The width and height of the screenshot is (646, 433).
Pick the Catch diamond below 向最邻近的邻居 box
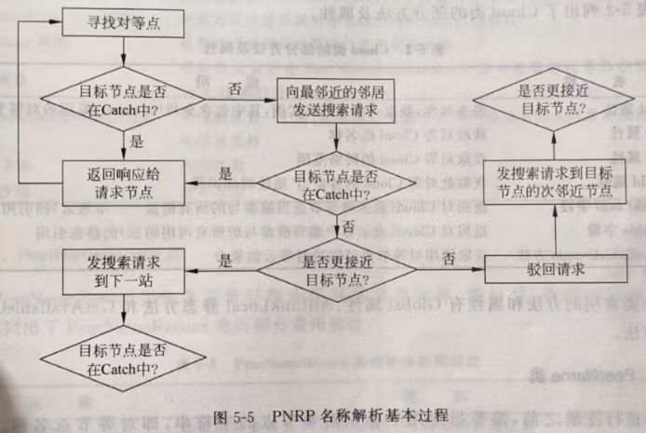[x=338, y=183]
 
